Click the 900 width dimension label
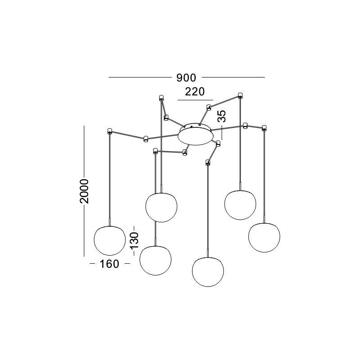[x=186, y=78]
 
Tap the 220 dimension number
[x=195, y=92]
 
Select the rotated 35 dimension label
[x=222, y=116]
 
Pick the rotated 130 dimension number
[x=135, y=240]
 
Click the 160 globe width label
[x=109, y=264]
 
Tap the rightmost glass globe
[x=264, y=238]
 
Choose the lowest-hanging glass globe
[x=208, y=272]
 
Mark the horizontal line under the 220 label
[x=195, y=100]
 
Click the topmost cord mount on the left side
[x=161, y=98]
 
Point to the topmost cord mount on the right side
[x=240, y=95]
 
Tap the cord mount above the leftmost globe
[x=109, y=131]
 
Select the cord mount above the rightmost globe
[x=264, y=128]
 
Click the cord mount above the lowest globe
[x=207, y=162]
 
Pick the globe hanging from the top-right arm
[x=240, y=205]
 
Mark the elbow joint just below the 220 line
[x=209, y=108]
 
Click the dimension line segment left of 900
[x=140, y=77]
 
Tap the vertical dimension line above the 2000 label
[x=84, y=152]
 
